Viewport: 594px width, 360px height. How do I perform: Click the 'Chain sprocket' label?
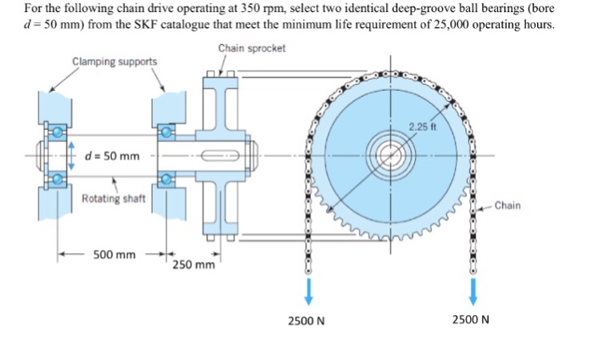coord(251,48)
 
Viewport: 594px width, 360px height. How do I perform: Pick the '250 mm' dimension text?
coord(193,266)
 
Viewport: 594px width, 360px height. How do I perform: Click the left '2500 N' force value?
coord(309,321)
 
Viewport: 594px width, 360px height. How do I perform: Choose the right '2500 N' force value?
coord(472,321)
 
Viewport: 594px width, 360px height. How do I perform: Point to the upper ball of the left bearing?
coord(57,132)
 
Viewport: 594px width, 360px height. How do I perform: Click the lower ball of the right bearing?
coord(167,179)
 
